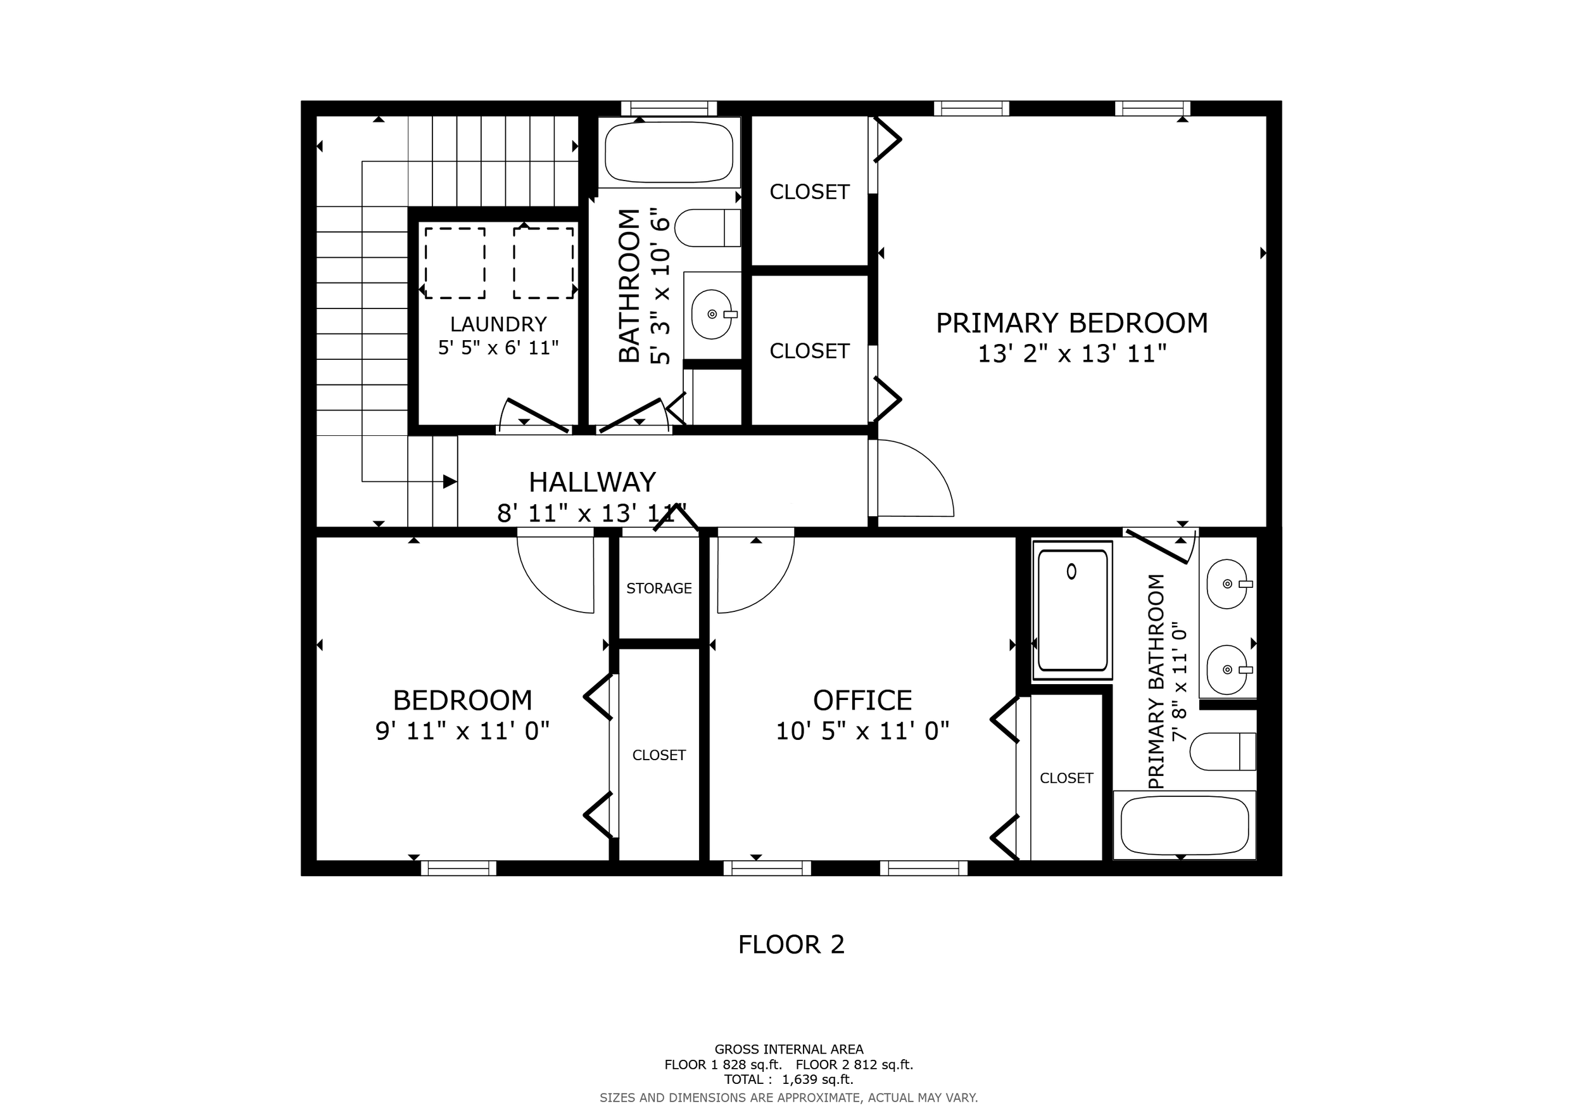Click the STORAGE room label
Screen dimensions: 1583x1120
[659, 589]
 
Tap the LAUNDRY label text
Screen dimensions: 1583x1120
[498, 324]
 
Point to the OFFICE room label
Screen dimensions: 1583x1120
[862, 701]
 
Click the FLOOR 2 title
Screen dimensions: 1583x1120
[791, 945]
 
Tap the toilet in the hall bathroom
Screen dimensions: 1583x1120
[707, 227]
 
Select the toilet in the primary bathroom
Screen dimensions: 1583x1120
[1223, 751]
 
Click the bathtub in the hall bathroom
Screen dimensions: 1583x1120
[669, 153]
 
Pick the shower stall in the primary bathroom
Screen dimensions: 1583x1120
[1072, 610]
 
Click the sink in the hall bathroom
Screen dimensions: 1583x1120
[712, 314]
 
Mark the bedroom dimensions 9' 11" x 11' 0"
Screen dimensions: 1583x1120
[462, 731]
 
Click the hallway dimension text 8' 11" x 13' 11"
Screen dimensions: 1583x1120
[592, 513]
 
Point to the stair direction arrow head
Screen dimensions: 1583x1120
[450, 481]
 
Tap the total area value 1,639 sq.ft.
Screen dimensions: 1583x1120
[817, 1079]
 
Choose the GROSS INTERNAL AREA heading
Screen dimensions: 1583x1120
[789, 1049]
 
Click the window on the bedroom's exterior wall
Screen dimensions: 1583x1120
[458, 868]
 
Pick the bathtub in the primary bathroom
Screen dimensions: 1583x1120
[1185, 825]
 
